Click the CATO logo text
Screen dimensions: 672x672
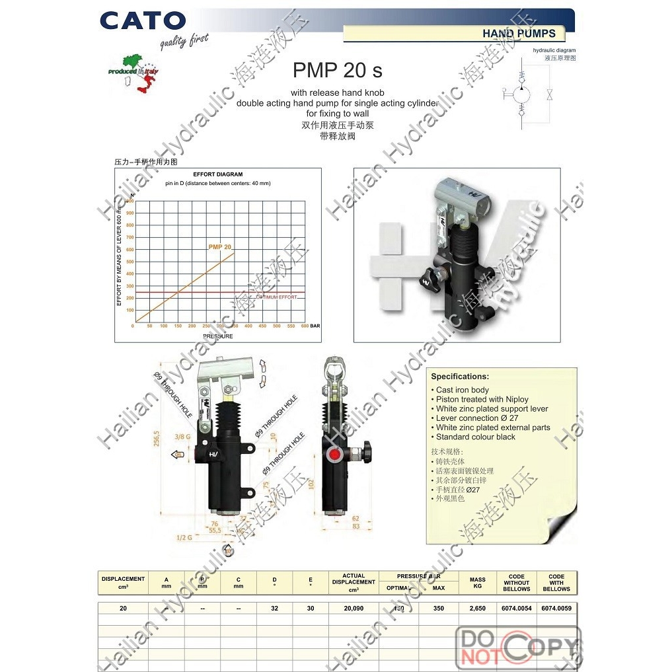[143, 20]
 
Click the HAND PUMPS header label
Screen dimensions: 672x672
[519, 33]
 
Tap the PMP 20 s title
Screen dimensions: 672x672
[337, 70]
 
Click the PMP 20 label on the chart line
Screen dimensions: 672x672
[219, 247]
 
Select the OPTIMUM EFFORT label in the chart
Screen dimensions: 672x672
[276, 297]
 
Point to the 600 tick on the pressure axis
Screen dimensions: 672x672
[304, 326]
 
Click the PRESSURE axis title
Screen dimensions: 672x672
[217, 336]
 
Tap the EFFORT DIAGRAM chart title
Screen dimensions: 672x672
[217, 174]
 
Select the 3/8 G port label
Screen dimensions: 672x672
[182, 437]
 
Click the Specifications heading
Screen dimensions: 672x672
[460, 377]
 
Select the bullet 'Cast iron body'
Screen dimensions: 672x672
[462, 390]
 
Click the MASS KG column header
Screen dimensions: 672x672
[477, 583]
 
